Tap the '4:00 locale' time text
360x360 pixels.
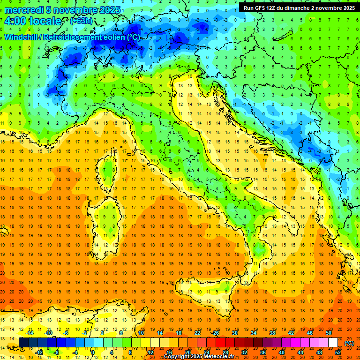coord(33,22)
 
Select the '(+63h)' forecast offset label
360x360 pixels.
coord(81,21)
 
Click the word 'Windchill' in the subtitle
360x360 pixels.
coord(22,37)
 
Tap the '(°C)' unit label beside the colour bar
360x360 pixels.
coord(349,343)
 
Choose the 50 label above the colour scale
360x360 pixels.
coord(329,332)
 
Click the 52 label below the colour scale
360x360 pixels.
coord(338,352)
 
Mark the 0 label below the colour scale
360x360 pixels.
coord(93,352)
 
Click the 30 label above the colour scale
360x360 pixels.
coord(235,332)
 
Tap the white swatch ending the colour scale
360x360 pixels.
coord(333,342)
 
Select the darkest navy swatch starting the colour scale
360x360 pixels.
coord(24,342)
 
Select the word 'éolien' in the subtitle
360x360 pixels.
coord(114,37)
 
